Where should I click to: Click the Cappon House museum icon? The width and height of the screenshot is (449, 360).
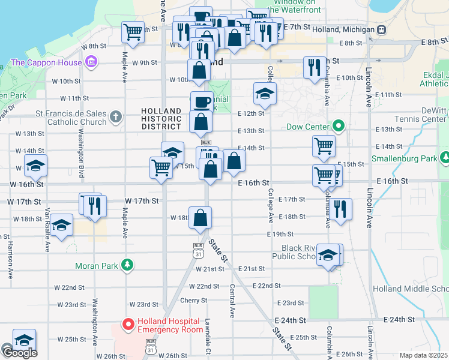91,62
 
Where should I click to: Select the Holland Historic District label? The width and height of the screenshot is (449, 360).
161,119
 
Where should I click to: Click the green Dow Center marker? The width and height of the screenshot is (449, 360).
339,127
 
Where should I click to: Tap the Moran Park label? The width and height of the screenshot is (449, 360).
97,265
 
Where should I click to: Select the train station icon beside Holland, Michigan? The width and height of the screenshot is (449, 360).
381,29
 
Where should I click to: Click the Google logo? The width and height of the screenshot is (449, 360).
19,353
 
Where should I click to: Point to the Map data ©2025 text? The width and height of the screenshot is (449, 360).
423,355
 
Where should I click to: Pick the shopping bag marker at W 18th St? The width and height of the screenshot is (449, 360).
200,217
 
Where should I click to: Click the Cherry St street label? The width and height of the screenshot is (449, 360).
195,301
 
